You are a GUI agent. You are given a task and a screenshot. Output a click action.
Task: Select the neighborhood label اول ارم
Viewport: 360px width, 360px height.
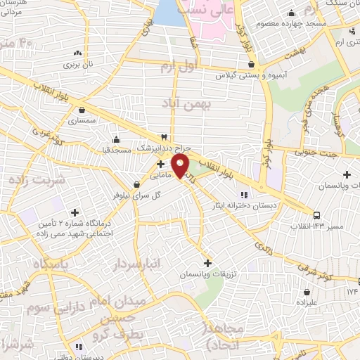tap(176, 67)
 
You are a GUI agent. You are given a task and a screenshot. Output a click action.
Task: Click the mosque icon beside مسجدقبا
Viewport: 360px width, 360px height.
tap(116, 138)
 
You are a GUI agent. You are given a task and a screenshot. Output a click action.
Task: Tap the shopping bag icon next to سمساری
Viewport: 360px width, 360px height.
tap(83, 110)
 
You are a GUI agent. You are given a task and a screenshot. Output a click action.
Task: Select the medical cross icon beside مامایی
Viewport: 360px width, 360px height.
tap(162, 163)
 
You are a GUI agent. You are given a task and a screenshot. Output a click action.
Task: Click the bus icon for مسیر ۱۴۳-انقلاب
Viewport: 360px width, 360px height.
tap(317, 214)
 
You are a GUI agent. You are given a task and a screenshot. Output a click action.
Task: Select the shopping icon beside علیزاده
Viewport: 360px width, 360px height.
tap(307, 291)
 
